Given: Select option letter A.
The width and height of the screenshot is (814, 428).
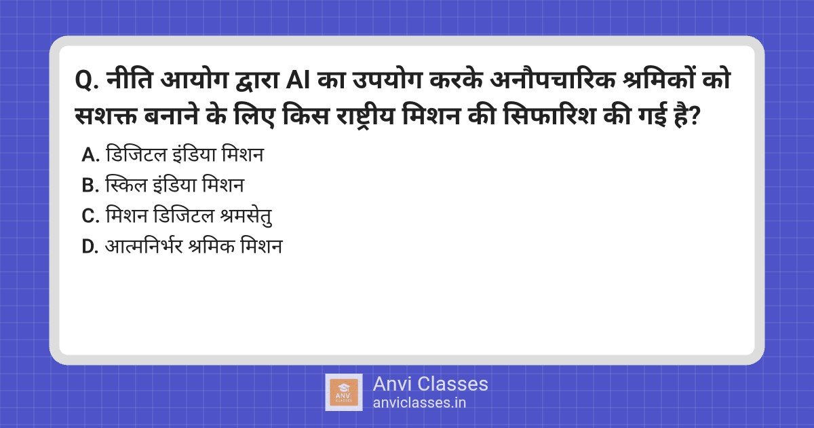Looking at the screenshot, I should click(x=90, y=155).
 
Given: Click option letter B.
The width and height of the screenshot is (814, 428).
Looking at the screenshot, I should click(x=90, y=185).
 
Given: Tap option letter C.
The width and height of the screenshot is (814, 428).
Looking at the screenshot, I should click(x=90, y=216).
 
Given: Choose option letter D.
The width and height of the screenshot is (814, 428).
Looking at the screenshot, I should click(x=90, y=247).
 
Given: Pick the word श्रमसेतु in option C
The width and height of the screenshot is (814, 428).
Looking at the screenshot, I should click(x=250, y=216).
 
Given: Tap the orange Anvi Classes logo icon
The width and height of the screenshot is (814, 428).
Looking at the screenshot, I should click(x=344, y=392).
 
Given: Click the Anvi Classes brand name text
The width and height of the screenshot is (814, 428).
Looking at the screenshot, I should click(x=430, y=384).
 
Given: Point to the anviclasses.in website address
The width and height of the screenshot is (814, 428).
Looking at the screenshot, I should click(x=419, y=402).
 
